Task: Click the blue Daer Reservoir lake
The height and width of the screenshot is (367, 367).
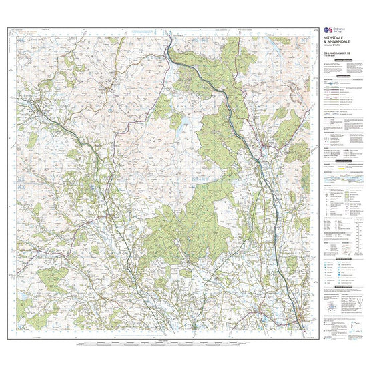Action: coord(176,124)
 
